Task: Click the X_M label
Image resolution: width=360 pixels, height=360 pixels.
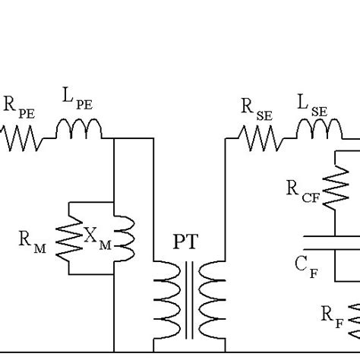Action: [96, 237]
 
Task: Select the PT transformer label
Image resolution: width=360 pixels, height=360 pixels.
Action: [186, 244]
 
